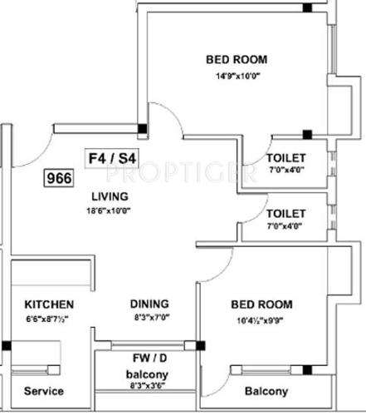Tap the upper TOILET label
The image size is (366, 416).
click(286, 158)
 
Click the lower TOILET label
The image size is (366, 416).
click(286, 213)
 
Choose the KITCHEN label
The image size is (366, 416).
click(49, 305)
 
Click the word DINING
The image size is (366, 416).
click(149, 304)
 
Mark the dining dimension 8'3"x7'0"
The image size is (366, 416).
click(149, 318)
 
